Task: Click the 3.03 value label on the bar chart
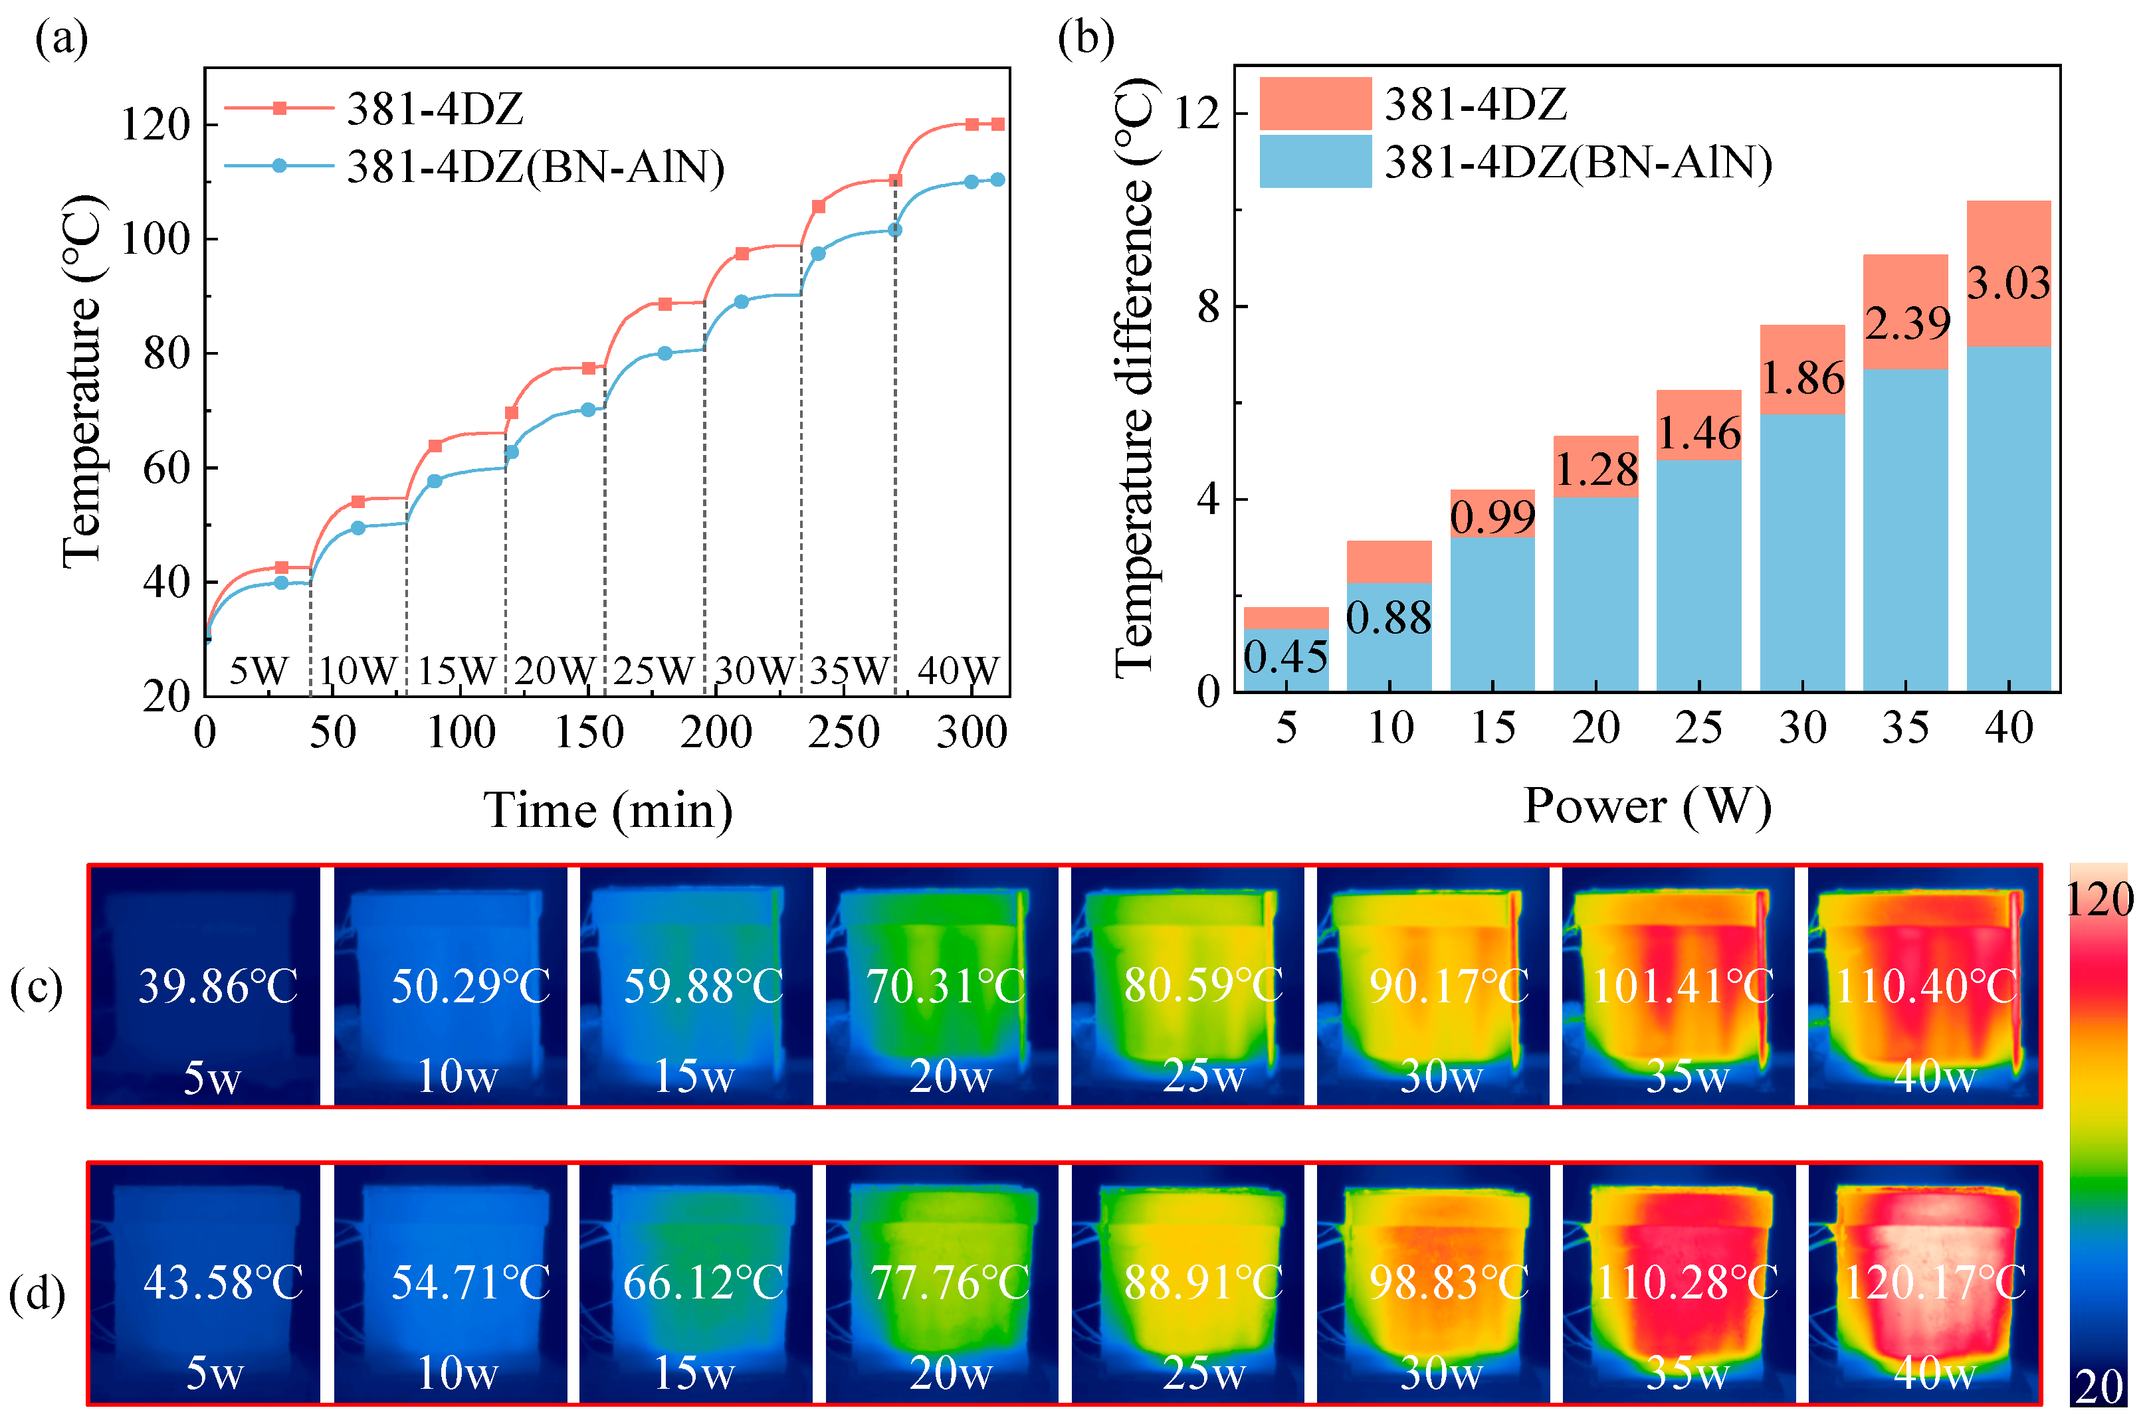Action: [x=2008, y=283]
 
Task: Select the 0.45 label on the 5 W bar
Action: [x=1285, y=658]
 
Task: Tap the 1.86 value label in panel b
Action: [x=1802, y=378]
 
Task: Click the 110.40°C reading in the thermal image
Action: [x=1926, y=986]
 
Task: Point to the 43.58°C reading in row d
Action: [x=223, y=1283]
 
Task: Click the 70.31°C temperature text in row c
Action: [x=946, y=986]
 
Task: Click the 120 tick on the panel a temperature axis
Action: [x=155, y=125]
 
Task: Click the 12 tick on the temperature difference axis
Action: [x=1197, y=114]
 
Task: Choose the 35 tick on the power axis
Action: [x=1905, y=729]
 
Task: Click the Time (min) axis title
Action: [x=607, y=810]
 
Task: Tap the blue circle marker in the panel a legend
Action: [x=280, y=166]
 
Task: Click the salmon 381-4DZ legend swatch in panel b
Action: [x=1314, y=103]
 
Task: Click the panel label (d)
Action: [x=37, y=1294]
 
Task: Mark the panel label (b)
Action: [x=1086, y=39]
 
